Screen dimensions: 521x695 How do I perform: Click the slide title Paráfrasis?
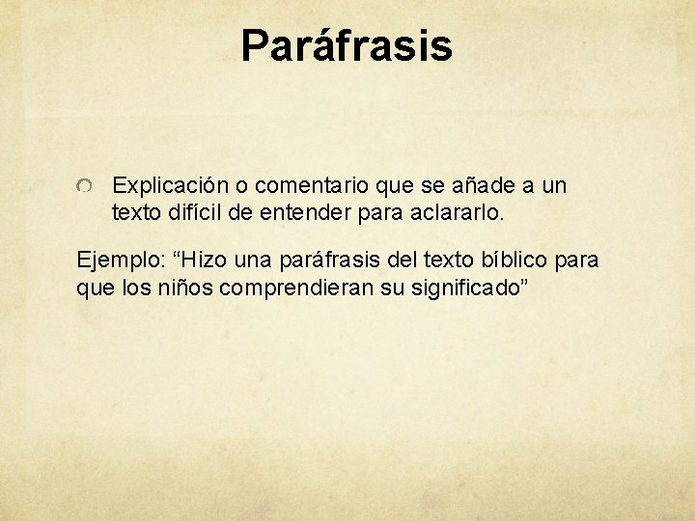(347, 45)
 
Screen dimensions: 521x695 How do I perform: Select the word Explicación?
(168, 185)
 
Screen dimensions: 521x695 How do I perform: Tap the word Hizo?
(205, 260)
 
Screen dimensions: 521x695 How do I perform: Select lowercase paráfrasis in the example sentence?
(332, 260)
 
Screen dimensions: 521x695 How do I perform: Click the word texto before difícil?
(135, 211)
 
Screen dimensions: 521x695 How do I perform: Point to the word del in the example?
(408, 260)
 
